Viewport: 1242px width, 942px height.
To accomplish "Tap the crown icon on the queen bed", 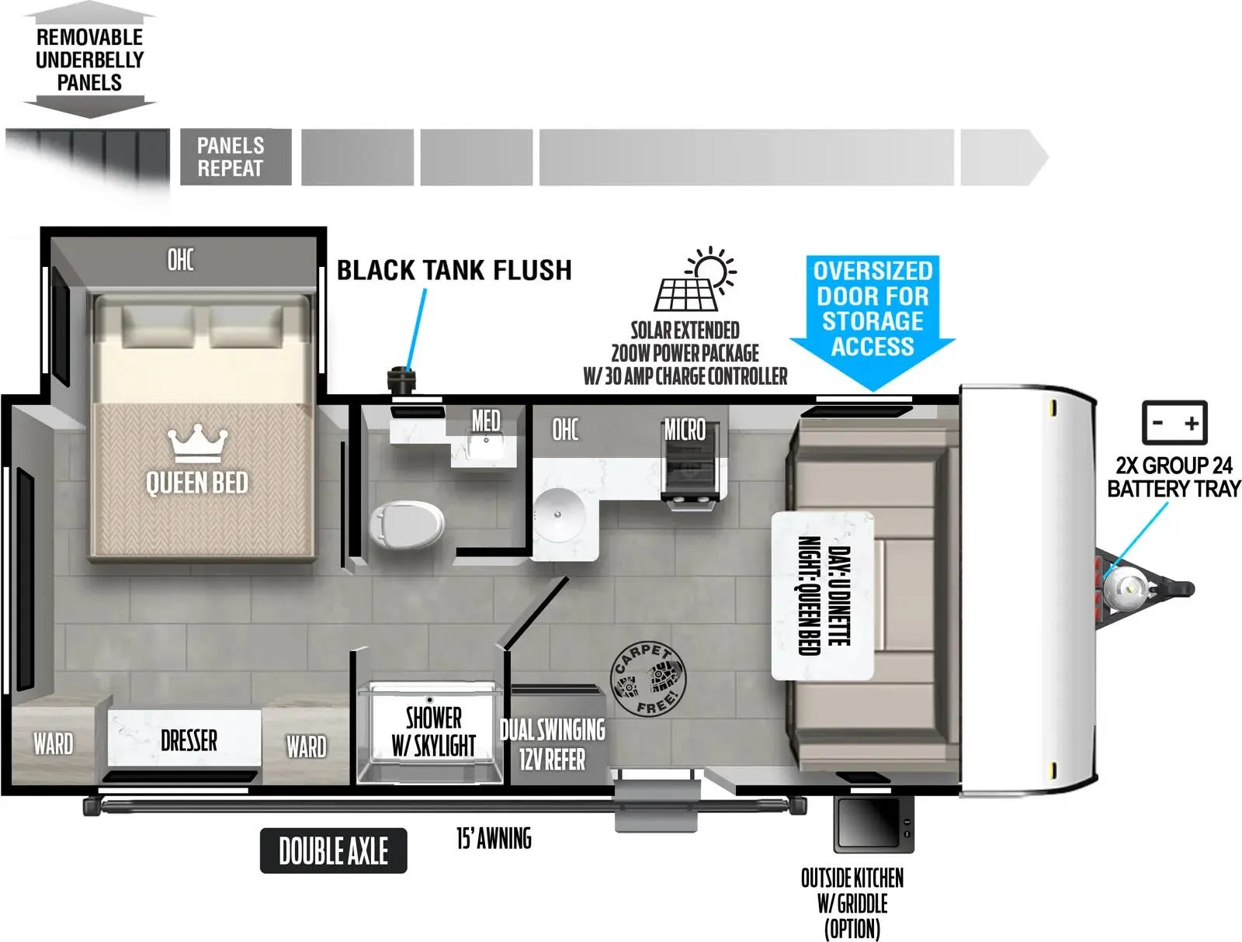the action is tap(198, 443).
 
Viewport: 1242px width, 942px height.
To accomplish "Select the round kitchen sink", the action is tap(559, 514).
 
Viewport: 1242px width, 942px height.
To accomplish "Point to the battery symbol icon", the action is tap(1174, 422).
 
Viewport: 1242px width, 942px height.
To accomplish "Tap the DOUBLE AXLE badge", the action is tap(333, 850).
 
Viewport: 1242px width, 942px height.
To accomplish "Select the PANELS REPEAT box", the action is tap(236, 157).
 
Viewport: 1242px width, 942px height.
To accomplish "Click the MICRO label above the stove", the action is tap(685, 430).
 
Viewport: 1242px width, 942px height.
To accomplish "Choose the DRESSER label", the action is tap(189, 740).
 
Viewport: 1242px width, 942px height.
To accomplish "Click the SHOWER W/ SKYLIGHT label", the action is tap(433, 732).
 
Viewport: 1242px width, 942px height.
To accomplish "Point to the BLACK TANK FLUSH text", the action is tap(454, 270).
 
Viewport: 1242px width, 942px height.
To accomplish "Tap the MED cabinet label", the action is tap(486, 420).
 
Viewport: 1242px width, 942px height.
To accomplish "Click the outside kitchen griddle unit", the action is tap(873, 825).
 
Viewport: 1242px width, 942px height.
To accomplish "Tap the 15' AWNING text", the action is tap(494, 838).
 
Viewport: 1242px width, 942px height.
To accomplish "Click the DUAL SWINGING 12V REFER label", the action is tap(552, 744).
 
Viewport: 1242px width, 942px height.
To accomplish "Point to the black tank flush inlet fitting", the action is tap(401, 379).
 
